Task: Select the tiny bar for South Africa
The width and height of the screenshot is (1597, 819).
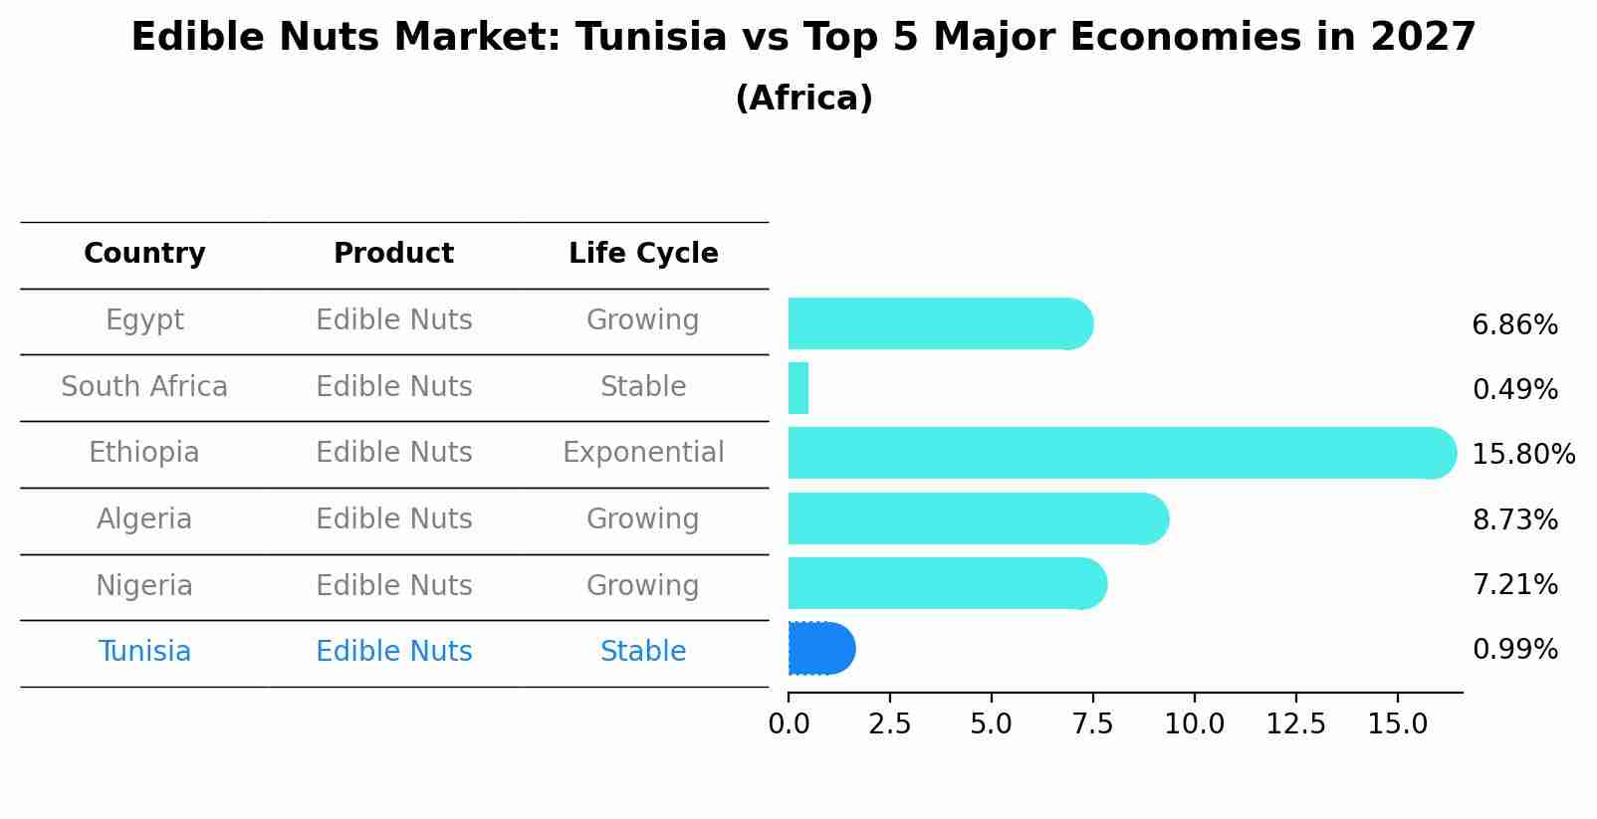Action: click(x=798, y=388)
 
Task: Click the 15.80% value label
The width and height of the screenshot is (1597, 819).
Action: click(x=1523, y=455)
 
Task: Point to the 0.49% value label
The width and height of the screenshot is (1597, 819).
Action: click(x=1514, y=390)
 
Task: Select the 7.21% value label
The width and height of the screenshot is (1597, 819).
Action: click(x=1514, y=585)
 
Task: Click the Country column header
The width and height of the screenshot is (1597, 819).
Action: click(x=144, y=254)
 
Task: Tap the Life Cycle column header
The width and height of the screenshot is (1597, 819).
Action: click(x=643, y=254)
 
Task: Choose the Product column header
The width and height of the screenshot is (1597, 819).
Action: click(x=393, y=254)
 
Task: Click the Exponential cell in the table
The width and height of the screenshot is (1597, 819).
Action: click(x=643, y=453)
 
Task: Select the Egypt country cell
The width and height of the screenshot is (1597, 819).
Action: click(x=144, y=320)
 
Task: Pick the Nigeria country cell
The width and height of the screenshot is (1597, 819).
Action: click(x=144, y=586)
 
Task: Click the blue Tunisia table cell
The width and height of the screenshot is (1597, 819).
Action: click(x=144, y=652)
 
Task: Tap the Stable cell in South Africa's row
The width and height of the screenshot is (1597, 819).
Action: click(x=643, y=387)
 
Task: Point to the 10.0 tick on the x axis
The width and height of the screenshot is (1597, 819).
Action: click(x=1194, y=724)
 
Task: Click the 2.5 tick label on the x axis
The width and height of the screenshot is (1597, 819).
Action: click(x=889, y=724)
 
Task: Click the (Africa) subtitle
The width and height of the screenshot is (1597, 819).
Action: click(x=803, y=99)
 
